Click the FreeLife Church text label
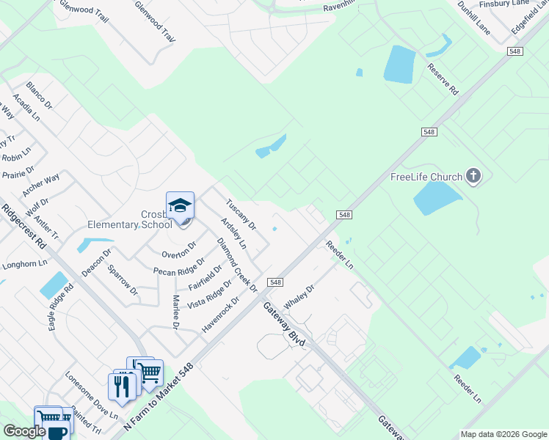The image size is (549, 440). point(426,177)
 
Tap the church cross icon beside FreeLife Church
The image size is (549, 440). point(473,176)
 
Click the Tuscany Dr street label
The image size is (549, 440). point(240,213)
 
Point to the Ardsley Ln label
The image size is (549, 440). point(233,233)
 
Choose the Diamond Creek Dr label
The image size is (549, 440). point(236,265)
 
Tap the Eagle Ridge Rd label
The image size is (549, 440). point(62,307)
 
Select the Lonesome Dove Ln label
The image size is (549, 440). point(91,401)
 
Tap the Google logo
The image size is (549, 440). point(24,431)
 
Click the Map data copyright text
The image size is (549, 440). point(503,434)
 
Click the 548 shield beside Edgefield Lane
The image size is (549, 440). point(515,50)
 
